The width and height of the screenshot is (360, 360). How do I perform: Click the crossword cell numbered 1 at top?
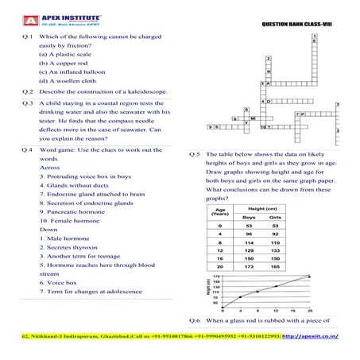pos(317,37)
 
